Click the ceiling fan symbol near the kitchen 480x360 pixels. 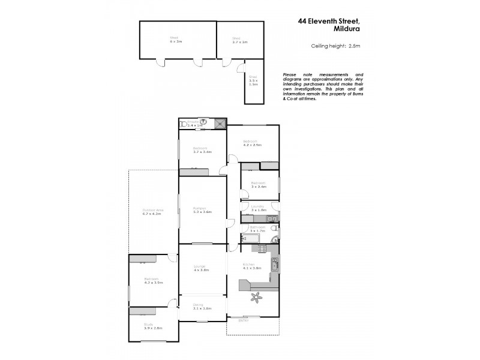pyautogui.click(x=257, y=295)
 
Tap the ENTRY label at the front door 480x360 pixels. pyautogui.click(x=244, y=321)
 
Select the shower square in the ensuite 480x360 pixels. pyautogui.click(x=220, y=123)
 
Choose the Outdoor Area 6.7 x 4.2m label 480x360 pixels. pyautogui.click(x=152, y=211)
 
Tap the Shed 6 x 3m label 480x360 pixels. pyautogui.click(x=175, y=40)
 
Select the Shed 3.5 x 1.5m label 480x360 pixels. pyautogui.click(x=254, y=80)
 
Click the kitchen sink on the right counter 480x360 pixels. pyautogui.click(x=274, y=264)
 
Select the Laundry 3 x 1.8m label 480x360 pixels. pyautogui.click(x=258, y=209)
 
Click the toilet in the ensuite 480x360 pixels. pyautogui.click(x=183, y=124)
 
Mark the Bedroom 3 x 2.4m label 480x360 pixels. pyautogui.click(x=258, y=184)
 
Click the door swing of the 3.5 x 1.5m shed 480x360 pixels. pyautogui.click(x=241, y=68)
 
